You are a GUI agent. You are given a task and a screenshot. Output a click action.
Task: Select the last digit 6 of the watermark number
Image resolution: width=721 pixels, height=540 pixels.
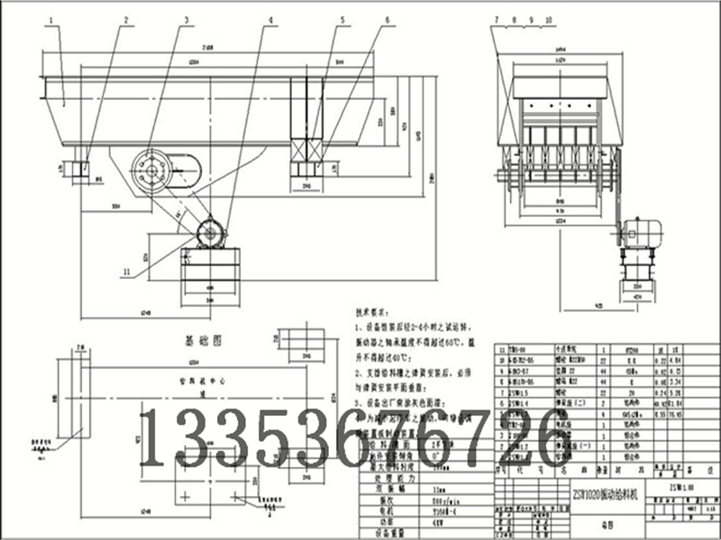coord(560,439)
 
